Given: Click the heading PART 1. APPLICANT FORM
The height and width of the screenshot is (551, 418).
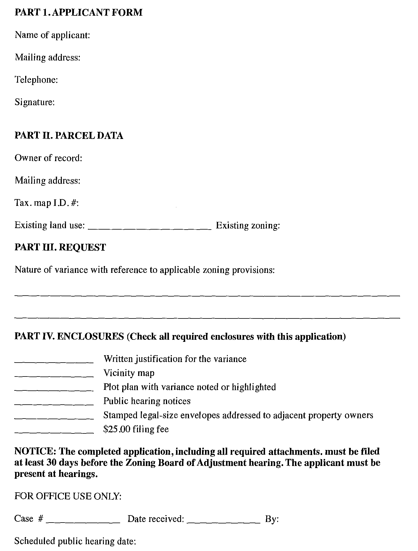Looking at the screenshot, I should [78, 12].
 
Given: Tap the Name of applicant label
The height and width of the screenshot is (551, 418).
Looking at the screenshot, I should [52, 35].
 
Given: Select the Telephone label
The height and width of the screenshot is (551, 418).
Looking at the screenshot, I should [36, 80].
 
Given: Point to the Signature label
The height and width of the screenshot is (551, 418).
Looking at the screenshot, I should [35, 102].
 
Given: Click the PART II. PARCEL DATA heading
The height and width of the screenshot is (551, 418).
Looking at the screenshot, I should [69, 135].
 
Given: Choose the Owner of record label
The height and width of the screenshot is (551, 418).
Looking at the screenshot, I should [48, 158].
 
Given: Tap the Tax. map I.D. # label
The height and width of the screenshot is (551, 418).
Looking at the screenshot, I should [46, 203].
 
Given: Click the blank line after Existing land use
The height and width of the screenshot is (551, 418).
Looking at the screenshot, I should [150, 228].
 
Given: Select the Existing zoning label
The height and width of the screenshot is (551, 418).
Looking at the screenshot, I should [248, 225].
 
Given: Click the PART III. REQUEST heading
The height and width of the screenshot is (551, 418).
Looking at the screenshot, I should [60, 247].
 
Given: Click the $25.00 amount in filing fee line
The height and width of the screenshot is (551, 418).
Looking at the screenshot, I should [117, 429].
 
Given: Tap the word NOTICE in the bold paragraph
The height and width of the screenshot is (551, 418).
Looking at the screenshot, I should [35, 451].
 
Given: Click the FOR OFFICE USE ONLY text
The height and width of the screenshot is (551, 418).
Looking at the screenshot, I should [68, 496].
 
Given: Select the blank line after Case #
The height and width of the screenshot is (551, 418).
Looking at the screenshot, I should [83, 522].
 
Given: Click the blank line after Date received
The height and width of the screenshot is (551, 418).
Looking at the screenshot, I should [224, 522].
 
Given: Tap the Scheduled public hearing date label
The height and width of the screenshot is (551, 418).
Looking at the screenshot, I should [75, 541].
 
